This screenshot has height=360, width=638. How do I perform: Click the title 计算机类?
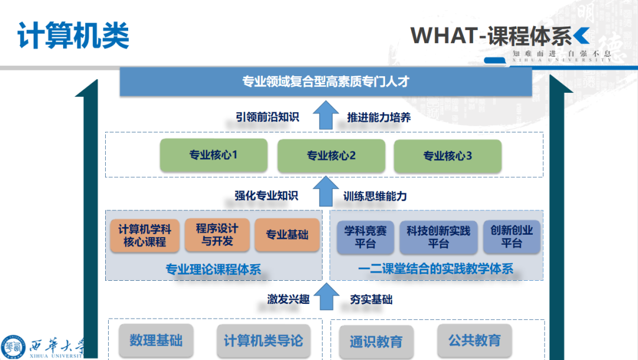[x=73, y=36]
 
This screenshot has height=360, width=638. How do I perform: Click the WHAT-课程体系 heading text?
[x=491, y=36]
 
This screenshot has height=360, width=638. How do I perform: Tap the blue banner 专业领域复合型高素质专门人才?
[x=325, y=82]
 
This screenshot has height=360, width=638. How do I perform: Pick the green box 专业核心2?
[x=331, y=156]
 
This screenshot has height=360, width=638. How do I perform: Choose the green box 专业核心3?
[x=447, y=156]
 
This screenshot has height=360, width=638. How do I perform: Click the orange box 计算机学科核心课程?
[x=145, y=235]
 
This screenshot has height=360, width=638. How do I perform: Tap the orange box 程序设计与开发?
[x=217, y=235]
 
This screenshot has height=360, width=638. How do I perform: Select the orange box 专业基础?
[x=287, y=235]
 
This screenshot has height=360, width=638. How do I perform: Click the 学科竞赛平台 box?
[x=365, y=237]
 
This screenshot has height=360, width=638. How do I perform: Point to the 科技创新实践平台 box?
[x=438, y=237]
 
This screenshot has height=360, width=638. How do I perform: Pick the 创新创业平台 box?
[x=512, y=236]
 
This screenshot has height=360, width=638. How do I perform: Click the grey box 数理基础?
[x=156, y=340]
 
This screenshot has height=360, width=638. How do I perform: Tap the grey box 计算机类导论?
[x=263, y=340]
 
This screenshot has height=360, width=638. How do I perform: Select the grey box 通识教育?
[x=376, y=341]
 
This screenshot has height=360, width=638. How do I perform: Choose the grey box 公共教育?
[x=474, y=340]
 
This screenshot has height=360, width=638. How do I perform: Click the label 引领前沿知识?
[x=268, y=117]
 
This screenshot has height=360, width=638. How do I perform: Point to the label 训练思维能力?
[x=375, y=196]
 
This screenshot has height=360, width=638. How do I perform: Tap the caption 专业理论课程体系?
[x=213, y=270]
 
